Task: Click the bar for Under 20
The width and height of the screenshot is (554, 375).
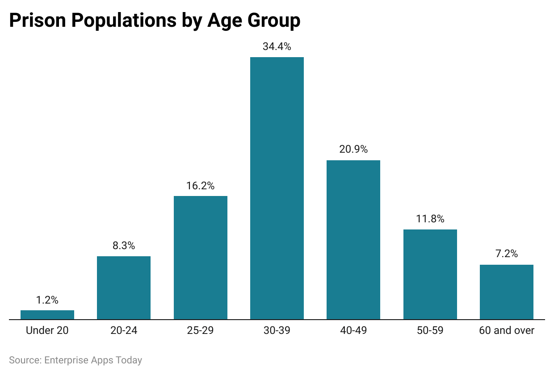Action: [47, 315]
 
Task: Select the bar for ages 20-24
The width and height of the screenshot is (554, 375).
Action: [124, 288]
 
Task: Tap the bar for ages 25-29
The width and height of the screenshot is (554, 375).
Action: [201, 258]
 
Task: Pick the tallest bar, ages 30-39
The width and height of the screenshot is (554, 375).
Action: [277, 188]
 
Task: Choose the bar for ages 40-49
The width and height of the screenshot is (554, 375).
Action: [353, 240]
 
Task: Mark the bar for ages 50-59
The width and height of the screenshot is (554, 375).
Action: [430, 275]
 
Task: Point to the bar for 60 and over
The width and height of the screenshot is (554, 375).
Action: [507, 292]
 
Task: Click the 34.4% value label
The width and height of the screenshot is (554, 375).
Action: [277, 46]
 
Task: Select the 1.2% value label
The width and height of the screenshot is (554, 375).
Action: [47, 300]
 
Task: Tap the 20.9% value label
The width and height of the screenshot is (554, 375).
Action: [353, 150]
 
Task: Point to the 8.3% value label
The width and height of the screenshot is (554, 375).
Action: [124, 246]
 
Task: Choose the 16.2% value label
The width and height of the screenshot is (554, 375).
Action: [201, 186]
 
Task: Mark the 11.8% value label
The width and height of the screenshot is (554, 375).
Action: [430, 219]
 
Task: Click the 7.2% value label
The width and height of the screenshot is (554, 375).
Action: [507, 254]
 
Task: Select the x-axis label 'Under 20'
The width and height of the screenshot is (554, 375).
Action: [47, 331]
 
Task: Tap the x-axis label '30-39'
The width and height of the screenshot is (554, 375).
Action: [277, 331]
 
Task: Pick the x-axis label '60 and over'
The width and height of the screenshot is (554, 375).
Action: [507, 331]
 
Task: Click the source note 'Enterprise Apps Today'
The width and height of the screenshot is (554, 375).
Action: [93, 360]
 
